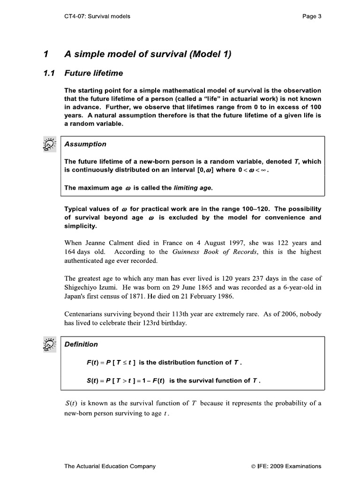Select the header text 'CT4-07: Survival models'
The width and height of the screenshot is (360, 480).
coord(97,16)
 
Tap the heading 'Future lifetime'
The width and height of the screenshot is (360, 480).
coord(93,73)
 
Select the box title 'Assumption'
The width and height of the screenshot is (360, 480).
coord(85,144)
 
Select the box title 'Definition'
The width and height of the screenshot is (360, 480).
coord(81,345)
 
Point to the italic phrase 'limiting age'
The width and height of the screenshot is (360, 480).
coord(193,187)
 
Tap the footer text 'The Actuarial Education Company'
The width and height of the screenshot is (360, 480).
coord(110,466)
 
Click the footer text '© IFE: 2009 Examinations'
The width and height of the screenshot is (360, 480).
coord(286,466)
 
